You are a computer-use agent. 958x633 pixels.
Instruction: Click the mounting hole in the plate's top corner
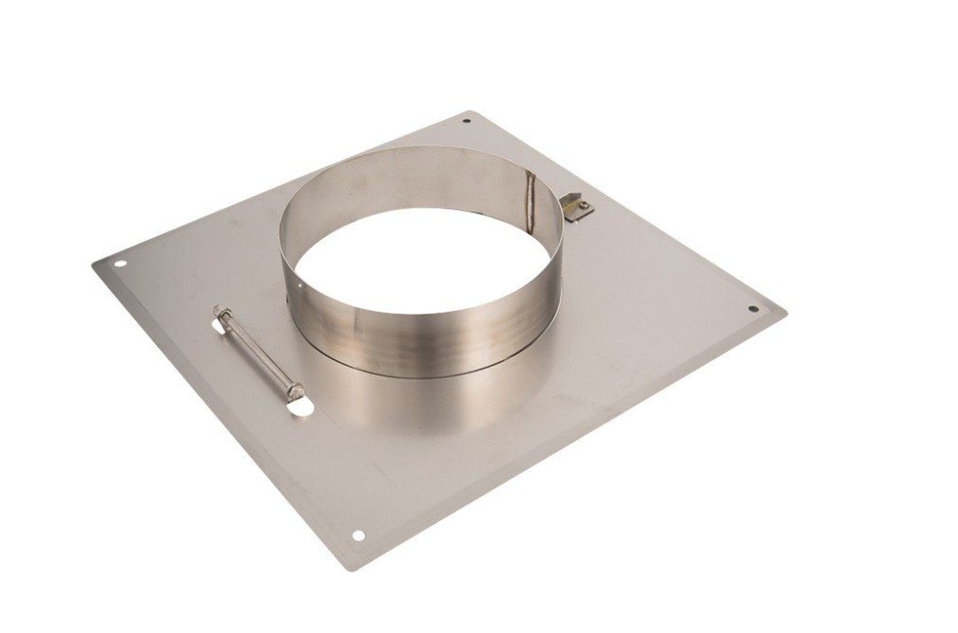pyautogui.click(x=465, y=121)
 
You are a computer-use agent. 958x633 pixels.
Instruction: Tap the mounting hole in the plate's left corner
pyautogui.click(x=121, y=263)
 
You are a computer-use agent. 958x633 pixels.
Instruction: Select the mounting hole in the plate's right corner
pyautogui.click(x=753, y=310)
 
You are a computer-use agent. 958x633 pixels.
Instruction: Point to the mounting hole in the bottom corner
pyautogui.click(x=358, y=535)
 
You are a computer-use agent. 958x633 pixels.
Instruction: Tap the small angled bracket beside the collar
pyautogui.click(x=578, y=207)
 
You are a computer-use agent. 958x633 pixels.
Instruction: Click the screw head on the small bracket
pyautogui.click(x=582, y=204)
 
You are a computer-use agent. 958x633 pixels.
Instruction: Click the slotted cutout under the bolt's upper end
pyautogui.click(x=218, y=326)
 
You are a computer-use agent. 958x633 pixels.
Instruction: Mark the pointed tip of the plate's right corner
pyautogui.click(x=785, y=314)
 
